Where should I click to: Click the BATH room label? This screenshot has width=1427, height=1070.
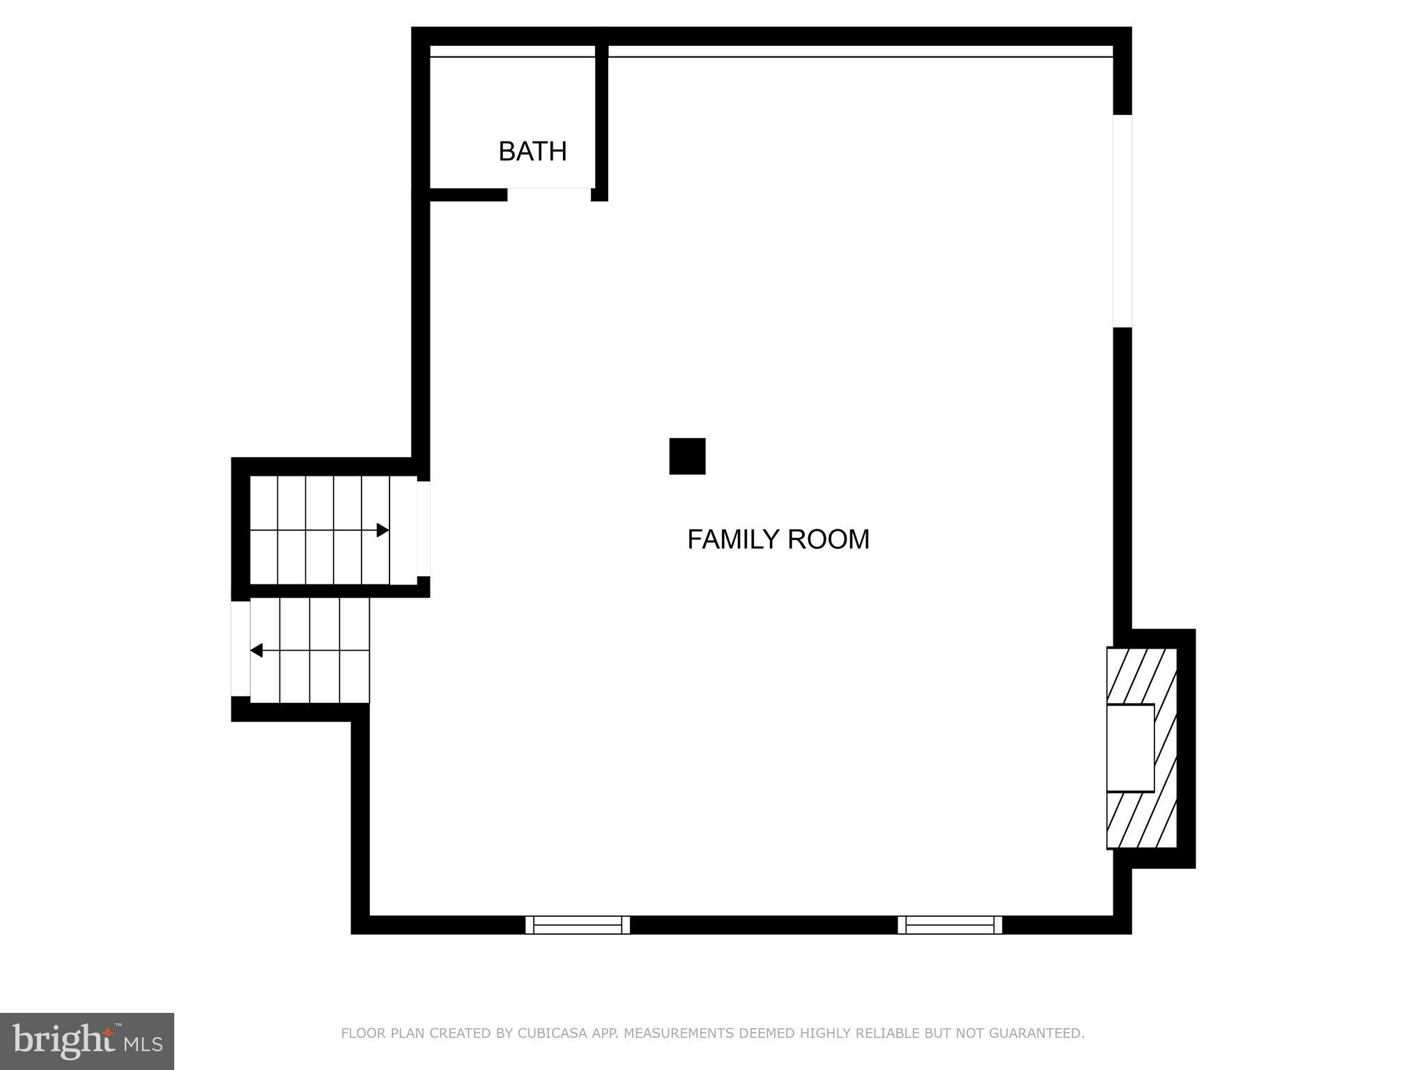tap(532, 151)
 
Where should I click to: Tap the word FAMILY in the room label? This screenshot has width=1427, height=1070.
tap(732, 540)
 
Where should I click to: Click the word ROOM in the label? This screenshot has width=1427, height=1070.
tap(828, 540)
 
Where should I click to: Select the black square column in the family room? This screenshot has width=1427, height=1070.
tap(687, 456)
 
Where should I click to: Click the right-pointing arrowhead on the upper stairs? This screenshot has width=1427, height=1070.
tap(383, 530)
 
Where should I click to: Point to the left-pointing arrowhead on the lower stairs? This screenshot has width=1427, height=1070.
tap(256, 651)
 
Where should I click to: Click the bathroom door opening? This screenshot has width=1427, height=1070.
tap(549, 194)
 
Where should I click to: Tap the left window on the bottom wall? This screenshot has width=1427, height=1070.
tap(578, 924)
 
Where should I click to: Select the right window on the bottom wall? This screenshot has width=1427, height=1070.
tap(950, 924)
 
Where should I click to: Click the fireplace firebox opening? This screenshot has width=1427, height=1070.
tap(1130, 747)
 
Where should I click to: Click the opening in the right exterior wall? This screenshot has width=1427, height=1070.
tap(1122, 221)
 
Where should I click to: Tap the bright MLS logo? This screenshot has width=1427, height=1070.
tap(87, 1041)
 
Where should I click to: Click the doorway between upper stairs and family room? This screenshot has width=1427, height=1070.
tap(423, 529)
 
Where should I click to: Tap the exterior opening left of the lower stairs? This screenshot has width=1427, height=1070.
tap(240, 649)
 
